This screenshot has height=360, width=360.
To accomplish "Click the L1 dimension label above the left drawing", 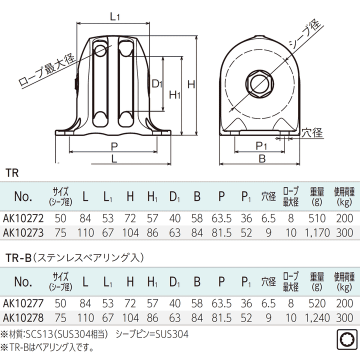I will coord(115,16).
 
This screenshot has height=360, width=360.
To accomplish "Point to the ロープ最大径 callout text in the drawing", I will coord(46,69).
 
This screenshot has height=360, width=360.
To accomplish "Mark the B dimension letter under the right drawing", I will coord(261,158).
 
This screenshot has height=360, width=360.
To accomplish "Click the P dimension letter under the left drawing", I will coord(114,146).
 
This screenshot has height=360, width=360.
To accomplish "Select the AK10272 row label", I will coord(23,218).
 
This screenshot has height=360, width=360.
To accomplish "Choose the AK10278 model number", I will coord(23,317).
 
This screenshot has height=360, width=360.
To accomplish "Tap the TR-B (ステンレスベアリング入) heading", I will coord(74,257).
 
